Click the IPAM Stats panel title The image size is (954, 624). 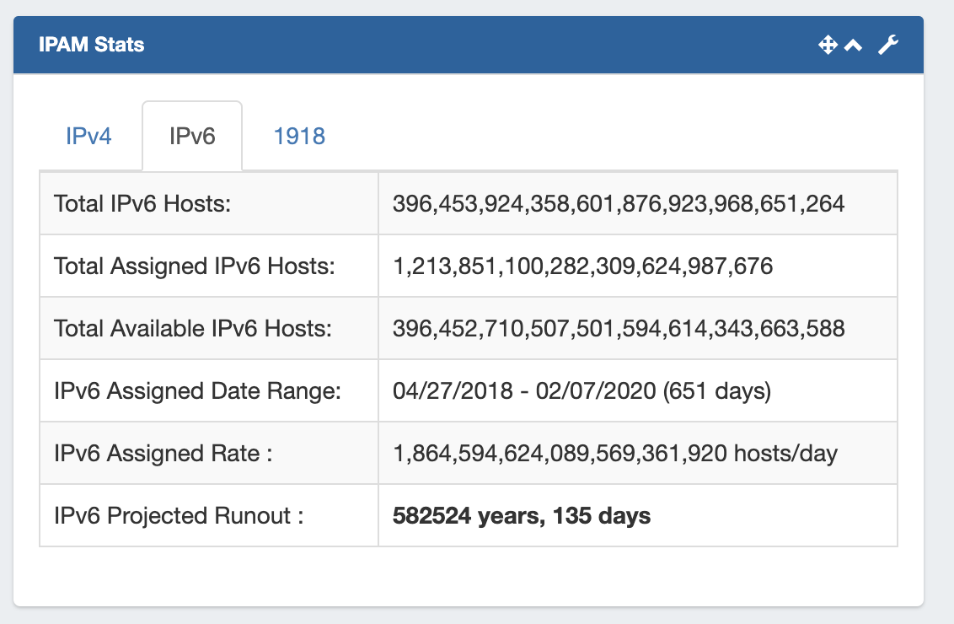tap(91, 45)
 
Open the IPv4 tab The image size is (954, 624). tap(88, 136)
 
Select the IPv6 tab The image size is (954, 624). tap(192, 136)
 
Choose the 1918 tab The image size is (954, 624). tap(299, 136)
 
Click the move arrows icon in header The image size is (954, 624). tap(828, 46)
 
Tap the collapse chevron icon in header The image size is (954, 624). tap(854, 46)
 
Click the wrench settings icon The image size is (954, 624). tap(888, 46)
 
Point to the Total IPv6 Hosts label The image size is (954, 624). tap(142, 203)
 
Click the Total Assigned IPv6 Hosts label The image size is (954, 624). tap(195, 266)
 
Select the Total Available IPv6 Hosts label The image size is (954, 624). tap(193, 329)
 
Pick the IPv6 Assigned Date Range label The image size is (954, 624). tap(196, 391)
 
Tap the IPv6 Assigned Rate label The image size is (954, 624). tap(163, 454)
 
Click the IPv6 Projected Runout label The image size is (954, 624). tap(179, 516)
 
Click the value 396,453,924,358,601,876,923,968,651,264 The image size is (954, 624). tap(619, 203)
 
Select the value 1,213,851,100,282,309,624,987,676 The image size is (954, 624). tap(582, 266)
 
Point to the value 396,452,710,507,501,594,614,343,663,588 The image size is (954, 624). tap(619, 329)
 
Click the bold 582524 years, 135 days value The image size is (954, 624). tap(522, 516)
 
